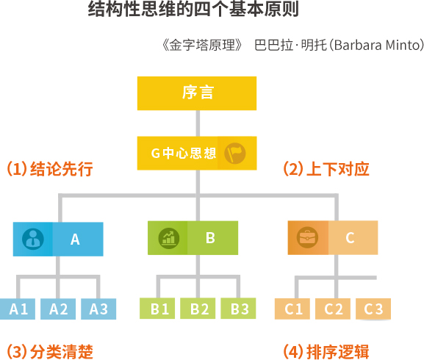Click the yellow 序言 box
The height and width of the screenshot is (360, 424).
click(197, 93)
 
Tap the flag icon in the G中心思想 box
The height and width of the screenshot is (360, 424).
click(234, 154)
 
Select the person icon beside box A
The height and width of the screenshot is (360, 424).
click(33, 239)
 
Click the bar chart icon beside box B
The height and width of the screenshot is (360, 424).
click(169, 238)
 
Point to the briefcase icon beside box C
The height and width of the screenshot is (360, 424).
click(307, 237)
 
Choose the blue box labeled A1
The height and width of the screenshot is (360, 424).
click(18, 309)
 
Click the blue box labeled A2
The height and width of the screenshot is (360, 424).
click(58, 309)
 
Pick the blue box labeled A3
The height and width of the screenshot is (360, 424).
click(98, 309)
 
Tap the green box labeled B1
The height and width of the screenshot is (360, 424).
click(157, 309)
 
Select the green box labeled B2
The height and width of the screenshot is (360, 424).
click(198, 309)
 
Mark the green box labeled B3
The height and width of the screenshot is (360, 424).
click(238, 309)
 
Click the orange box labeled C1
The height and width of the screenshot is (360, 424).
click(292, 309)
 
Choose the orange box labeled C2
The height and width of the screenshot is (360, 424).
click(333, 309)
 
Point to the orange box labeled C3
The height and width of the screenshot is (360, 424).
click(373, 309)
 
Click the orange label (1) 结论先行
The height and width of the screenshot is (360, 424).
click(50, 169)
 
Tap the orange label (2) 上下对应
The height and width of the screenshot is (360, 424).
click(326, 169)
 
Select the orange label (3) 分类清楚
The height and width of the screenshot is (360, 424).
click(50, 352)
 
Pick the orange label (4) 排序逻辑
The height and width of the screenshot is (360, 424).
click(326, 352)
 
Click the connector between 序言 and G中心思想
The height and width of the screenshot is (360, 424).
click(198, 123)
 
